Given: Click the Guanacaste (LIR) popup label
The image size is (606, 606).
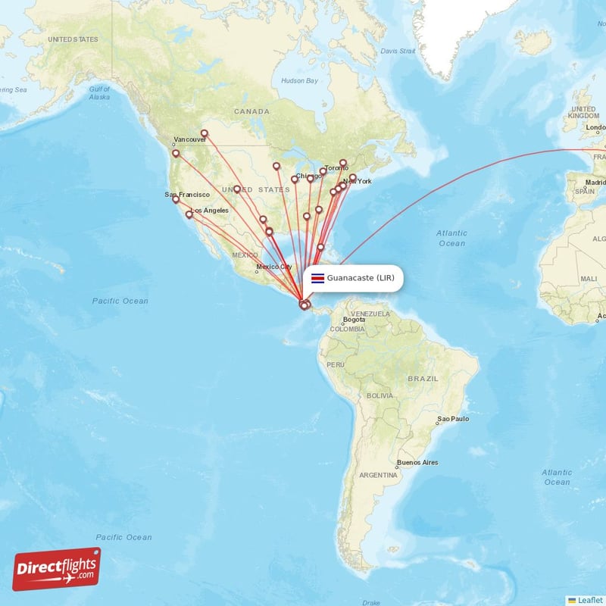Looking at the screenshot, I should (x=361, y=278).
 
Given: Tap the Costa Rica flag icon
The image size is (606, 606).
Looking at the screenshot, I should (x=318, y=278).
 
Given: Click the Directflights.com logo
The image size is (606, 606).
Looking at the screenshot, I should (x=57, y=569).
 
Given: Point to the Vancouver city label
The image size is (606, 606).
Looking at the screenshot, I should (x=190, y=139).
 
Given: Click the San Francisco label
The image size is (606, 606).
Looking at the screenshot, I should (x=187, y=195).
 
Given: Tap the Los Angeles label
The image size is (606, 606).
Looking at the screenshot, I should (x=209, y=210).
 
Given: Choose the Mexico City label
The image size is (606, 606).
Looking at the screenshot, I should (x=273, y=267).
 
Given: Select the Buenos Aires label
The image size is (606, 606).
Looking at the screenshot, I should (x=417, y=462).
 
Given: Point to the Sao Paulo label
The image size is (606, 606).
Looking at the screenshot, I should (x=453, y=418).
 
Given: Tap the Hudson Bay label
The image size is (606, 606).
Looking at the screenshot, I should (x=298, y=80).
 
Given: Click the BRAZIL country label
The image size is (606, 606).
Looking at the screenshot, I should (x=423, y=377).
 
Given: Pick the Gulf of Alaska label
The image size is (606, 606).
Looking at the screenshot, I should (x=99, y=93).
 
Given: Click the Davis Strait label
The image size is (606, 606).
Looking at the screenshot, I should (x=398, y=51).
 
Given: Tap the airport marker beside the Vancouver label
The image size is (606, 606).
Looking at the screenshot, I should (x=176, y=154).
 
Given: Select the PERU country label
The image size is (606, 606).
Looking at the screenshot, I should (x=336, y=364).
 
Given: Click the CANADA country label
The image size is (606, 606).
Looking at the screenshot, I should (x=251, y=111).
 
